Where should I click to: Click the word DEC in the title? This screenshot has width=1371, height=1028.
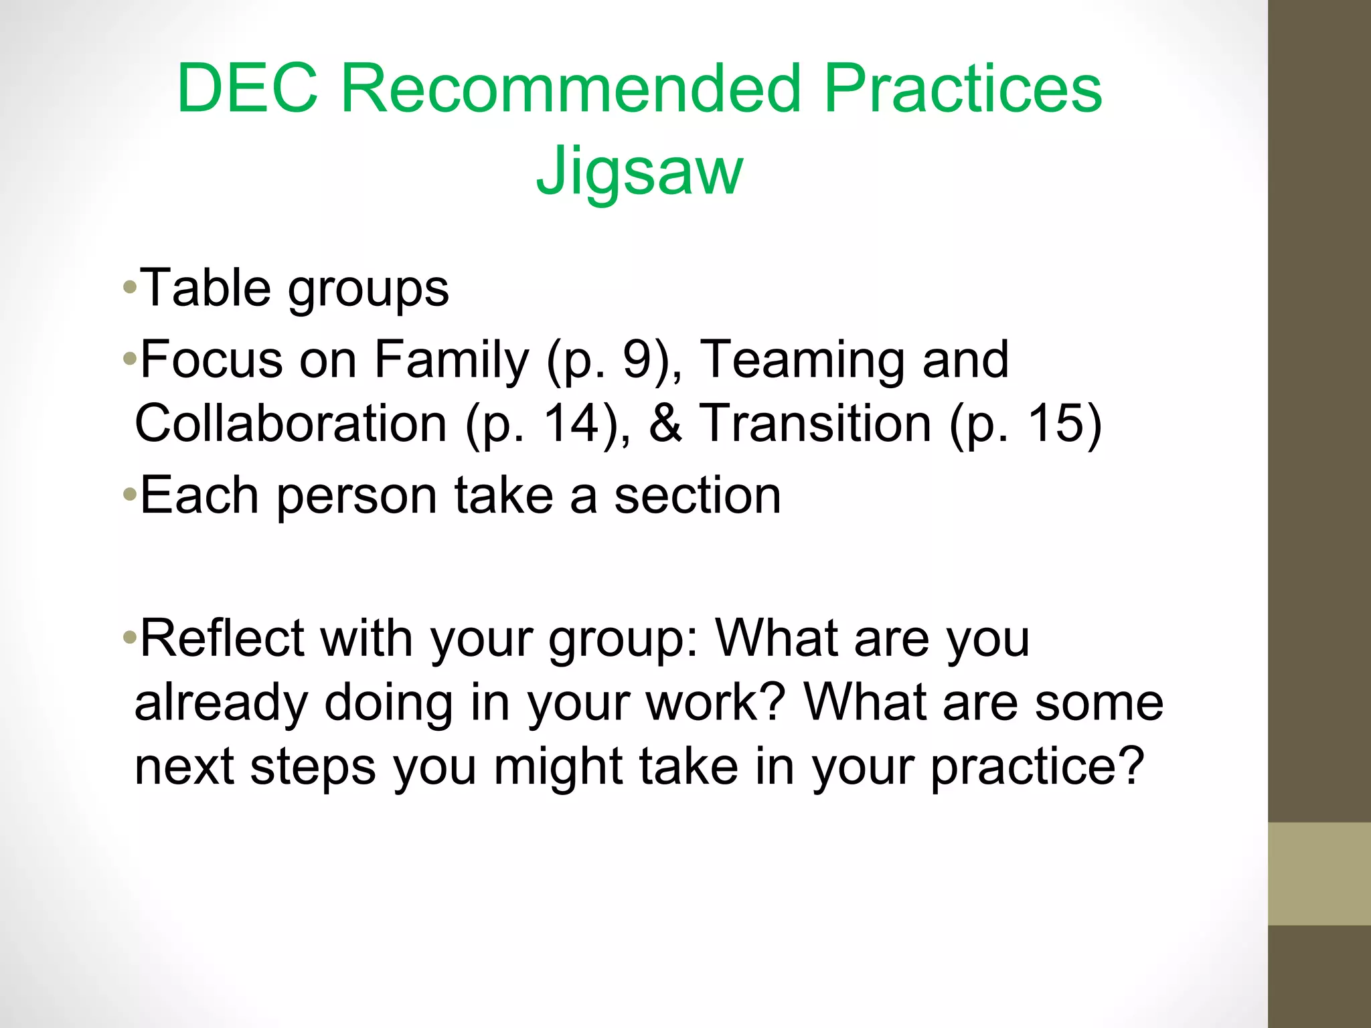click(x=247, y=88)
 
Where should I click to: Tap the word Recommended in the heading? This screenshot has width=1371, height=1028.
click(x=571, y=88)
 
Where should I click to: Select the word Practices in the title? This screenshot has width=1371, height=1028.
click(x=963, y=88)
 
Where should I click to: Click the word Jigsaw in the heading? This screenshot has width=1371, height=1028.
click(x=639, y=171)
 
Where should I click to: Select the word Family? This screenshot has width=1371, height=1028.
click(x=451, y=360)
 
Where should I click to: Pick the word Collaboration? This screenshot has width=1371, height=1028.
click(x=291, y=424)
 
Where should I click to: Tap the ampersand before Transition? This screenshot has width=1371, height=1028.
click(x=665, y=424)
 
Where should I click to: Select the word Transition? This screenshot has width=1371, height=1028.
click(x=815, y=424)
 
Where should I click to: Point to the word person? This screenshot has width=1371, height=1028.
click(x=356, y=497)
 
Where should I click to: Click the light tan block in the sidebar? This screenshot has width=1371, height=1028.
click(x=1319, y=873)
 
